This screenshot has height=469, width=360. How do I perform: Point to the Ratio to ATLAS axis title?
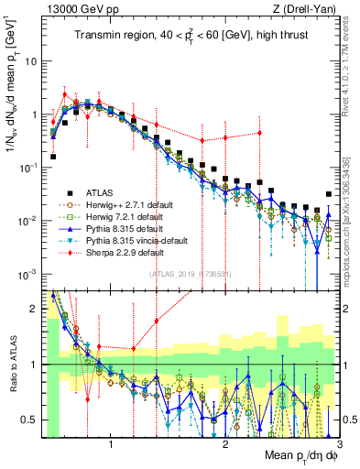pyautogui.click(x=12, y=365)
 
